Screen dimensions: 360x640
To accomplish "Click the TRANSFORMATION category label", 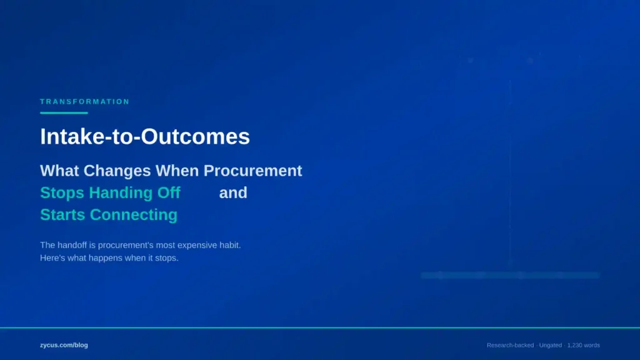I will coord(84,101).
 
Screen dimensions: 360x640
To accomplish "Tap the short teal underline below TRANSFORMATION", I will coord(64,113).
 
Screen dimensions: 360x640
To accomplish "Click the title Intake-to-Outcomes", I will coord(144,137).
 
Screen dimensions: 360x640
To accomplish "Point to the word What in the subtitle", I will coord(59,171).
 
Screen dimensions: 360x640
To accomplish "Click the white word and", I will coord(233,192).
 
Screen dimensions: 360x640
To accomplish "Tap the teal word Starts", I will coord(62,214).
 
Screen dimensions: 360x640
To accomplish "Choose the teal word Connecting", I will coord(134,215).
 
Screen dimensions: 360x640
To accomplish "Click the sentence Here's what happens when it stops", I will coord(109,258).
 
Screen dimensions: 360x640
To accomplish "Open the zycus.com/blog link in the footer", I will coord(64,345).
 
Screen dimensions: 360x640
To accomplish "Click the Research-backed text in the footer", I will coord(510,345).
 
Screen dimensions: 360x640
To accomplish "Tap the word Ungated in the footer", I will coord(550,345).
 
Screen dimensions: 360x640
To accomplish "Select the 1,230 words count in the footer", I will coord(583,345).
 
